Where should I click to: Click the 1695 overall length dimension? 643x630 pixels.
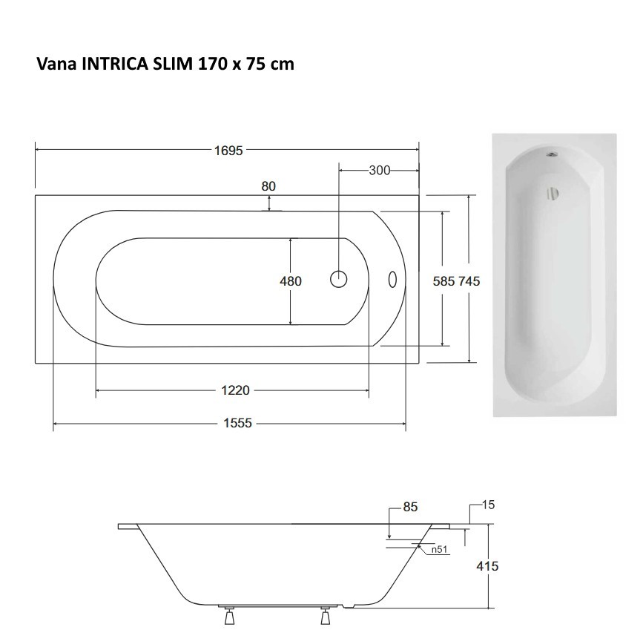tap(228, 151)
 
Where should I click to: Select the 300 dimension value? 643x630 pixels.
tap(379, 171)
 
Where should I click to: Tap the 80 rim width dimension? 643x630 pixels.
tap(268, 186)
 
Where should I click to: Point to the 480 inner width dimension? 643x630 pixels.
tap(290, 281)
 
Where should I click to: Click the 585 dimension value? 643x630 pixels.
tap(443, 281)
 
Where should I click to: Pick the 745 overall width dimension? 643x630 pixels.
tap(469, 281)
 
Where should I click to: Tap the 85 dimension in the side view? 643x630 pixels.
tap(410, 508)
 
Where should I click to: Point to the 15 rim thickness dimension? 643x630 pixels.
tap(488, 505)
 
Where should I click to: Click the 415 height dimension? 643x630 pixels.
tap(487, 565)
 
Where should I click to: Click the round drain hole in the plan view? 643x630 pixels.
tap(339, 279)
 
